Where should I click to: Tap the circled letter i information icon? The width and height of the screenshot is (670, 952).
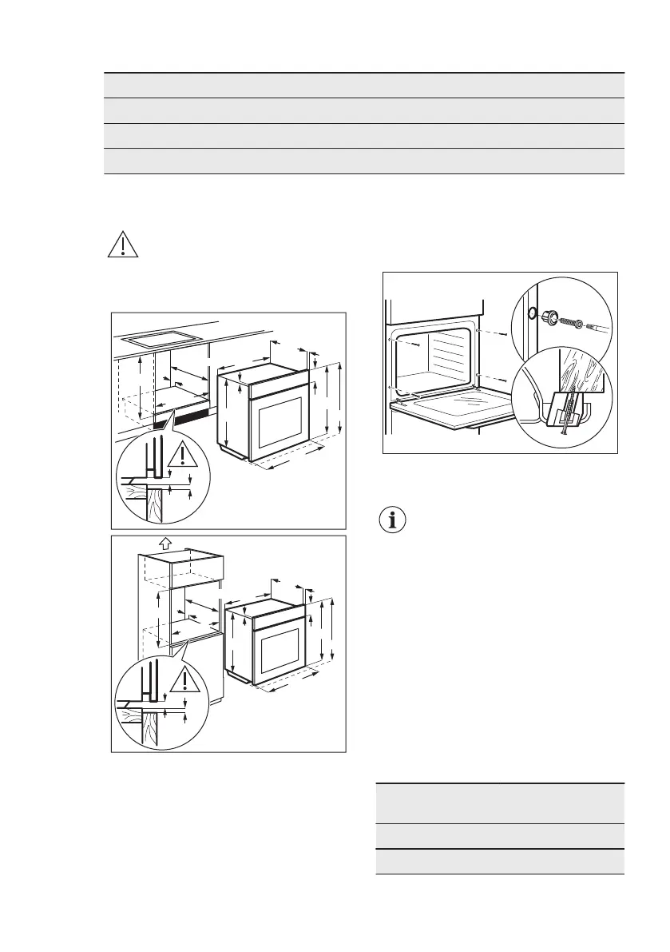(391, 520)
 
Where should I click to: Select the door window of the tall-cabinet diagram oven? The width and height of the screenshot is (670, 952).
(279, 651)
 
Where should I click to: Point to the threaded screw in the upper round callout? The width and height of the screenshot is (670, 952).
(574, 324)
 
